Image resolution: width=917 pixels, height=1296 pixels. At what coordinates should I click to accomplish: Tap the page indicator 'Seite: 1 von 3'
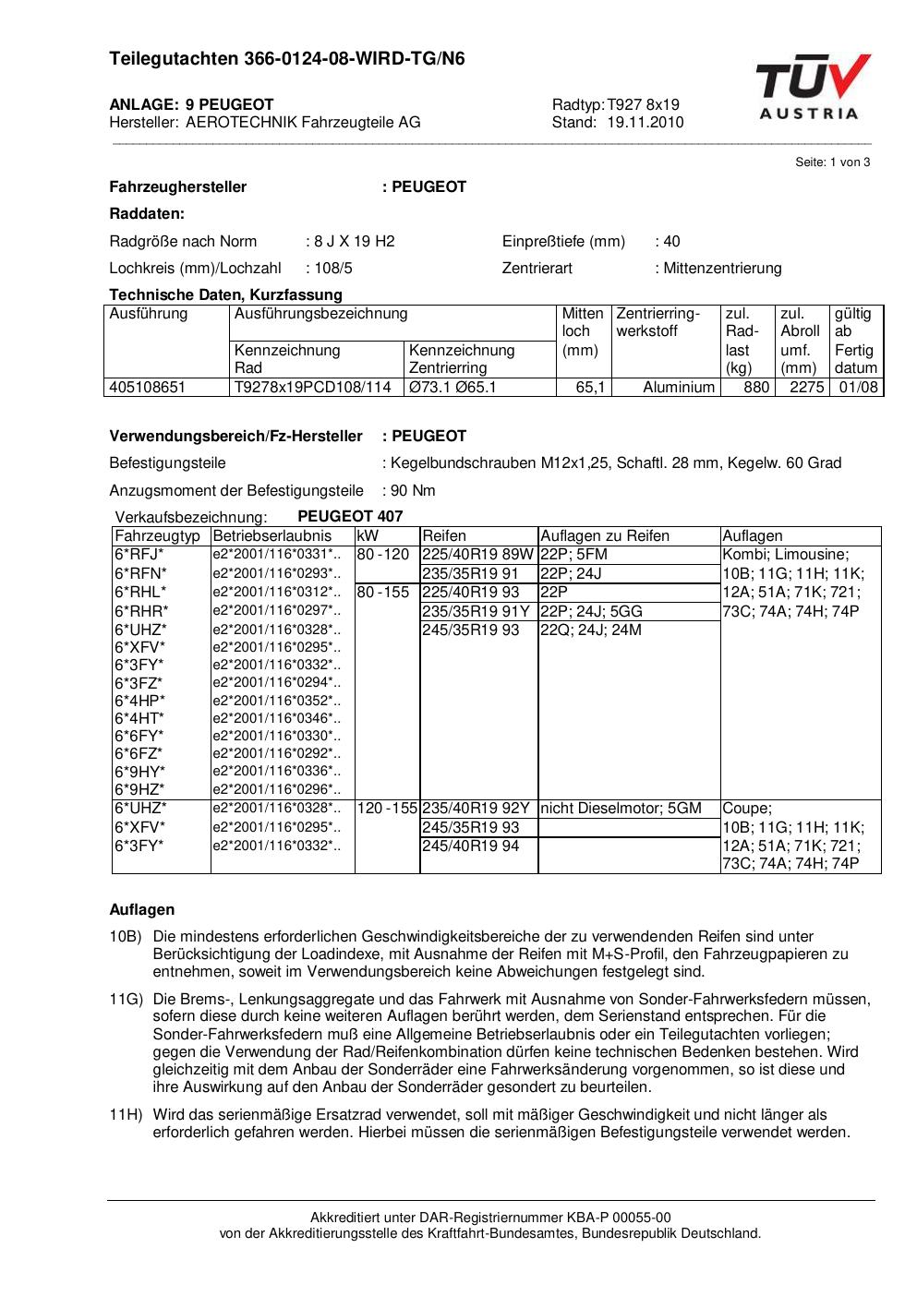832,162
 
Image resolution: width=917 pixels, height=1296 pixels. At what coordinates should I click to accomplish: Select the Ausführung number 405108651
148,388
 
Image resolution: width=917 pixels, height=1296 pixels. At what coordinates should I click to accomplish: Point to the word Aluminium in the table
679,388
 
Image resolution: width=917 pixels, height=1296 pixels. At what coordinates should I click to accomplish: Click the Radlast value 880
756,388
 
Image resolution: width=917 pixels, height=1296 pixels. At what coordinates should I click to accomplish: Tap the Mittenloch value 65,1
591,388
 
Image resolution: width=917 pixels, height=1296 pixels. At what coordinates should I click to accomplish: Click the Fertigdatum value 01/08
858,388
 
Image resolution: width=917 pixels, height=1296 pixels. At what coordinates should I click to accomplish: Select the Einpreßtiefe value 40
671,242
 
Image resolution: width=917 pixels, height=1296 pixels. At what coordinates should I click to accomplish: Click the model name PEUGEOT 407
350,517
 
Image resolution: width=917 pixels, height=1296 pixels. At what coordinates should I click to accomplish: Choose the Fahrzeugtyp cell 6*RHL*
140,593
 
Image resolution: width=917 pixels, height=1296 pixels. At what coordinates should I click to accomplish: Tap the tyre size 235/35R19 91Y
476,611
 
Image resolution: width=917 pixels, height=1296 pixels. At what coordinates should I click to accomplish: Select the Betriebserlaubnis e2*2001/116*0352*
276,701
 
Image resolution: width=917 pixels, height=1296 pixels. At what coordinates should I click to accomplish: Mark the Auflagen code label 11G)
126,1000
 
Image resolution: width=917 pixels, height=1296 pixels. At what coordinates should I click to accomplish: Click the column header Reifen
444,536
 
